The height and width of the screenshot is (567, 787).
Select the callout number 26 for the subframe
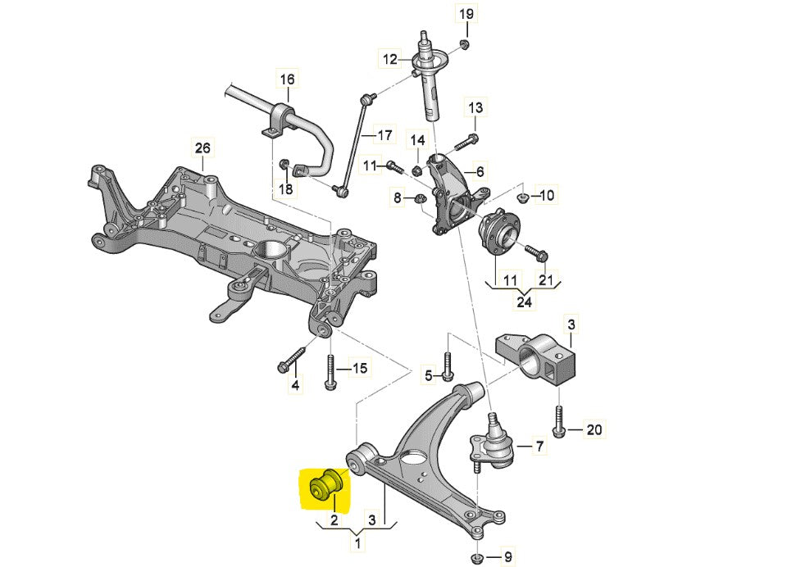pos(202,148)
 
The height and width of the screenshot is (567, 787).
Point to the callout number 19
pos(466,14)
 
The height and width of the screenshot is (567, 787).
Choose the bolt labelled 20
pos(558,420)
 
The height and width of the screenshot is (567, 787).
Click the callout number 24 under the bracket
pos(524,302)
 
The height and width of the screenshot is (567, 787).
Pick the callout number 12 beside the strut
pos(389,59)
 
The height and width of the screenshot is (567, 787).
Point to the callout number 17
pos(384,134)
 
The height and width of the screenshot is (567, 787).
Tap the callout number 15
pos(361,369)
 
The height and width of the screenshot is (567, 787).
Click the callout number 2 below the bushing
pos(334,519)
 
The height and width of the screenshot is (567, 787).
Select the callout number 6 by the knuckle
pos(480,171)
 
